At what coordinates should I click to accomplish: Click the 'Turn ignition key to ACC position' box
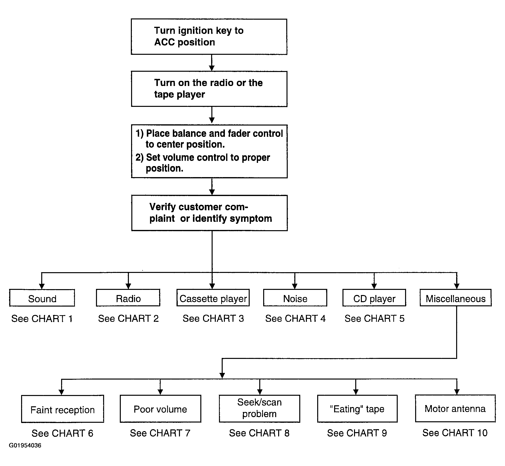click(209, 37)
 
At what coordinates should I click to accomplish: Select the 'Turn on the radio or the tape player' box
click(209, 89)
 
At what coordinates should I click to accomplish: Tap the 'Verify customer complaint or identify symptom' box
click(209, 213)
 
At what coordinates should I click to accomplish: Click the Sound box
click(42, 298)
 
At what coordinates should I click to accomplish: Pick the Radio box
click(128, 297)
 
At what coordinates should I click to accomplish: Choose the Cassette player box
click(213, 297)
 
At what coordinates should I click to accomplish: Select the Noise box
click(295, 297)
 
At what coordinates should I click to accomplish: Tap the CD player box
click(374, 297)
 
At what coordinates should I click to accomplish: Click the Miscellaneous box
click(456, 297)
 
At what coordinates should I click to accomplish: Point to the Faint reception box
click(63, 409)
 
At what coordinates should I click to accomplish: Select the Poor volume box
click(161, 409)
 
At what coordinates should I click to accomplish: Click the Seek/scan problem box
click(259, 409)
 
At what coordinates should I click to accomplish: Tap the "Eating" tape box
click(357, 409)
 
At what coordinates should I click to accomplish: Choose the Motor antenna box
click(455, 408)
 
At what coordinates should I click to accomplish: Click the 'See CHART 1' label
click(42, 319)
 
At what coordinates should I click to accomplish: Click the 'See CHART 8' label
click(259, 433)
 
